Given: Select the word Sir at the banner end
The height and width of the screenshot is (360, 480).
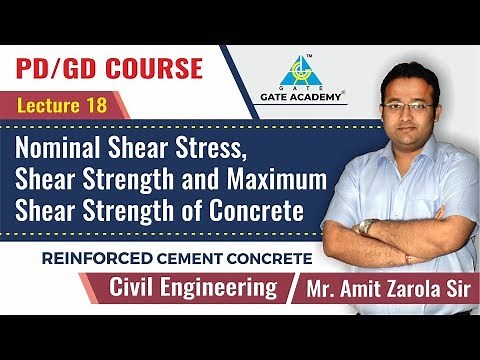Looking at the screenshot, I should (x=452, y=291).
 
